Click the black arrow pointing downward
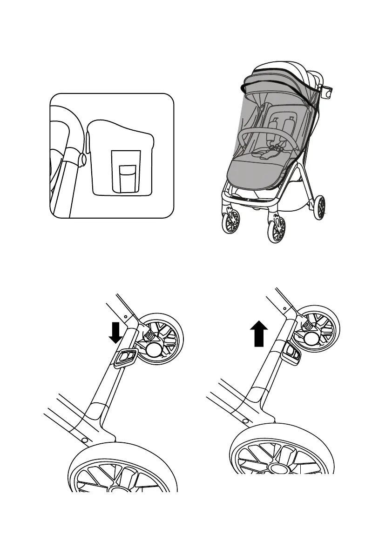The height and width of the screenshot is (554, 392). tap(116, 331)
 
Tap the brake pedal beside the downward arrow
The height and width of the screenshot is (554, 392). tap(125, 358)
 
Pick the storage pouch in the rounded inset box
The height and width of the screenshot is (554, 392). tap(121, 158)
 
